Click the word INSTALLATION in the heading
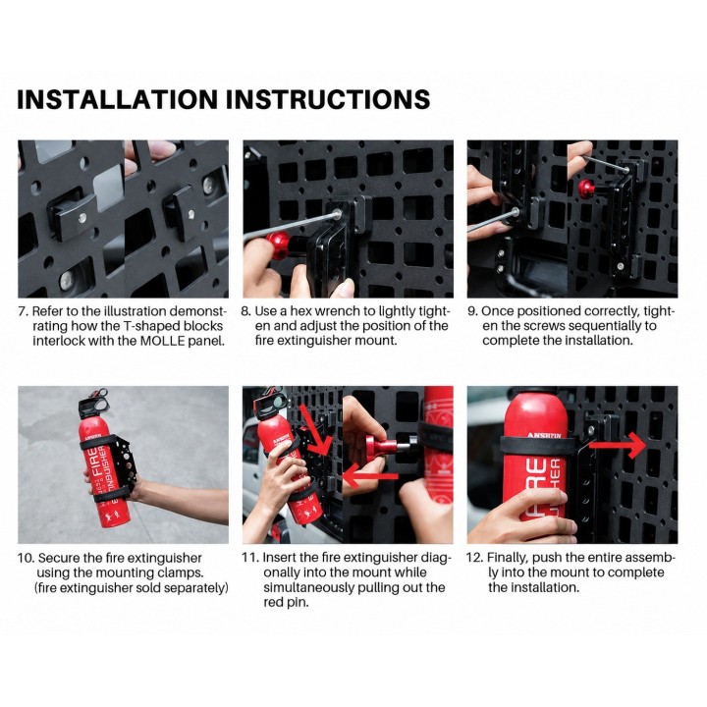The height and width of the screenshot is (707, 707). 117,99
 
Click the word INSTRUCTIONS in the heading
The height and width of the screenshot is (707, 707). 328,99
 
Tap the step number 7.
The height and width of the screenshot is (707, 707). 23,311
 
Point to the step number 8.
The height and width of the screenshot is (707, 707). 245,311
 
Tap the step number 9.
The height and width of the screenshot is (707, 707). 472,311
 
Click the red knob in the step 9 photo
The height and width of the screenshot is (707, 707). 586,186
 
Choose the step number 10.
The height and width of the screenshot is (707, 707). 26,558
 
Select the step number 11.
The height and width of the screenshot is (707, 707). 250,558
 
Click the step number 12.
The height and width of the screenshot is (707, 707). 474,558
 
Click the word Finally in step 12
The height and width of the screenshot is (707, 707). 508,558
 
